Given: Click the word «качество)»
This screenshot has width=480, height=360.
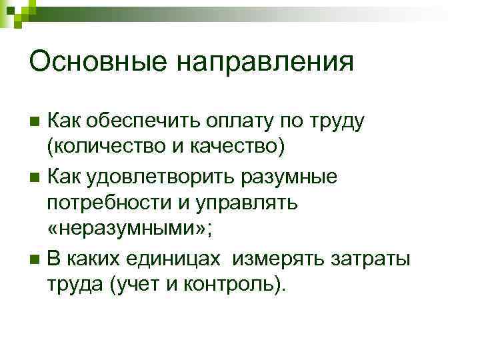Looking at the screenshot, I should (234, 148).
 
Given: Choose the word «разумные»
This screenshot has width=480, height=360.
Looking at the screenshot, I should (293, 177).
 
